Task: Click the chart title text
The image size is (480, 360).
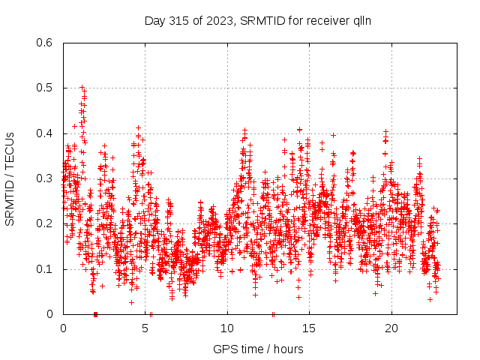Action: point(258,20)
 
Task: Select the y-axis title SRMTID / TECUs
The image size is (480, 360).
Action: point(10,178)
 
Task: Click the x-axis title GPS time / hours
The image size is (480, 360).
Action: point(258,349)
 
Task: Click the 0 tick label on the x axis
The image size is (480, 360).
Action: point(63,328)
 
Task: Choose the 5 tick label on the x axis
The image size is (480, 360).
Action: point(145,328)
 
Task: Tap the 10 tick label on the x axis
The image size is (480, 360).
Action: point(227,328)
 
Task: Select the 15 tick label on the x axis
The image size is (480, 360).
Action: point(310,328)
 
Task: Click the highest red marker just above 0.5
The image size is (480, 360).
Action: point(82,87)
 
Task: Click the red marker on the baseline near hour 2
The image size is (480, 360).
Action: point(95,313)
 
